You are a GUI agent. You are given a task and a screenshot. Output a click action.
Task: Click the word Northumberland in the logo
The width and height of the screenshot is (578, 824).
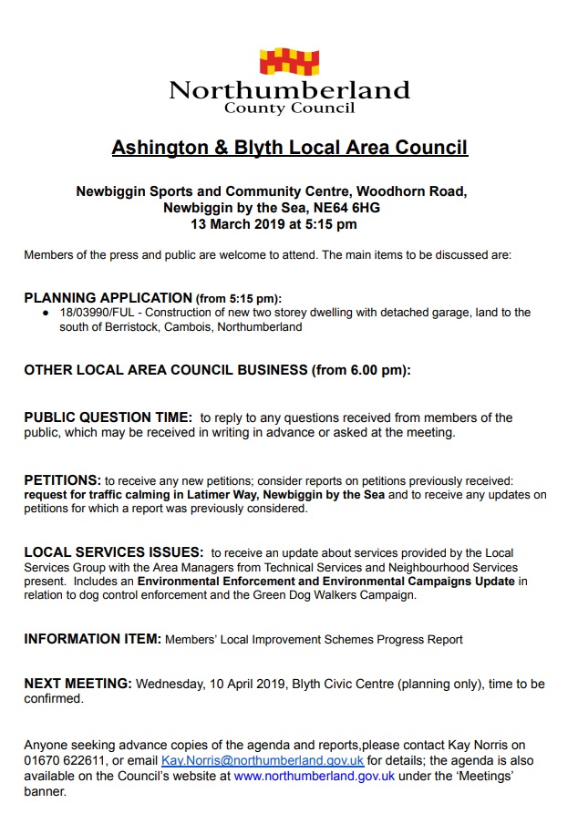289,90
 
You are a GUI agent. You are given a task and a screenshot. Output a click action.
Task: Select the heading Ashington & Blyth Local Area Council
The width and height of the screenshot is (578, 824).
289,148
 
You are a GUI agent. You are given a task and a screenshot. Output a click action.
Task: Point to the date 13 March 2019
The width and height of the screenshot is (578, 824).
232,224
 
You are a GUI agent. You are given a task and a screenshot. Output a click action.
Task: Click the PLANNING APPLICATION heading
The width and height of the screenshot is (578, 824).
108,298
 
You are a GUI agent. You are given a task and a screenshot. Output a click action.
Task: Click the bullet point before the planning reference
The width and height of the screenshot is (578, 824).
45,313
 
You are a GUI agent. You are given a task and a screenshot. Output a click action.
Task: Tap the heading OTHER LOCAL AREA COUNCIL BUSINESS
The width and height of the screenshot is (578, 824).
166,370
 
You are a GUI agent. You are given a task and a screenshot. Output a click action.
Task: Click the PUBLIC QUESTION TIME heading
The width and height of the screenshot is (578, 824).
108,417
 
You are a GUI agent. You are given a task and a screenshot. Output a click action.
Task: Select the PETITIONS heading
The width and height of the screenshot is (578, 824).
62,479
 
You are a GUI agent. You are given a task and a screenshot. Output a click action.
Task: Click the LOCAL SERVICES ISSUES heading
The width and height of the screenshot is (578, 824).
113,552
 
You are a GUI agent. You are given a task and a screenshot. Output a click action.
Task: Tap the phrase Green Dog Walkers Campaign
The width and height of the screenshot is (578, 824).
337,595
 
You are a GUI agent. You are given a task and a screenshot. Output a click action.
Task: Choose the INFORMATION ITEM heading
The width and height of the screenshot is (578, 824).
92,639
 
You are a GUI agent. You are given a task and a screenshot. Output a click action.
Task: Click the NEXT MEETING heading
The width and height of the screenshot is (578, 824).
77,684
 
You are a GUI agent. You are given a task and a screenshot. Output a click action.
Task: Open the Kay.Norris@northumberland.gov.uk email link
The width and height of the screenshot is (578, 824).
263,760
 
